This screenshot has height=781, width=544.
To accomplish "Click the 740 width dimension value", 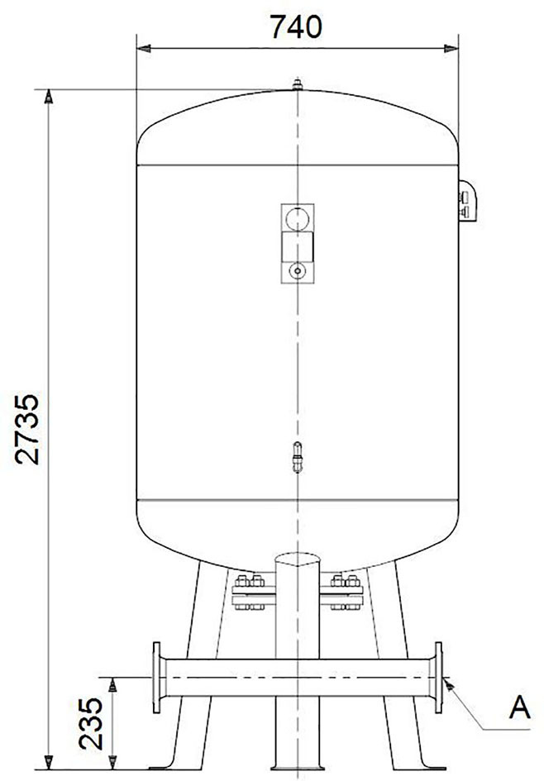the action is click(x=296, y=26).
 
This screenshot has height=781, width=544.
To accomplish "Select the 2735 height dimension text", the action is click(x=27, y=430).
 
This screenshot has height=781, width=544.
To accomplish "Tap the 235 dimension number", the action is click(x=91, y=723).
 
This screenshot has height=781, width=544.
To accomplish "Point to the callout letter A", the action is click(x=519, y=707).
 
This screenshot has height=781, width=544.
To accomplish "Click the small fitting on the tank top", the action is click(x=298, y=84).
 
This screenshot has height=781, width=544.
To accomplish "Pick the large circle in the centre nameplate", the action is click(x=298, y=218).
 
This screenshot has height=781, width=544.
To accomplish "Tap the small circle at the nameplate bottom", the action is click(x=298, y=271).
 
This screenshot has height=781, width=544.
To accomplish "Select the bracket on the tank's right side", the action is click(x=467, y=200).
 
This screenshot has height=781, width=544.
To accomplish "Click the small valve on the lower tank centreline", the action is click(x=298, y=457).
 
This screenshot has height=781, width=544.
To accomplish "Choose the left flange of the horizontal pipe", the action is click(x=157, y=678).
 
